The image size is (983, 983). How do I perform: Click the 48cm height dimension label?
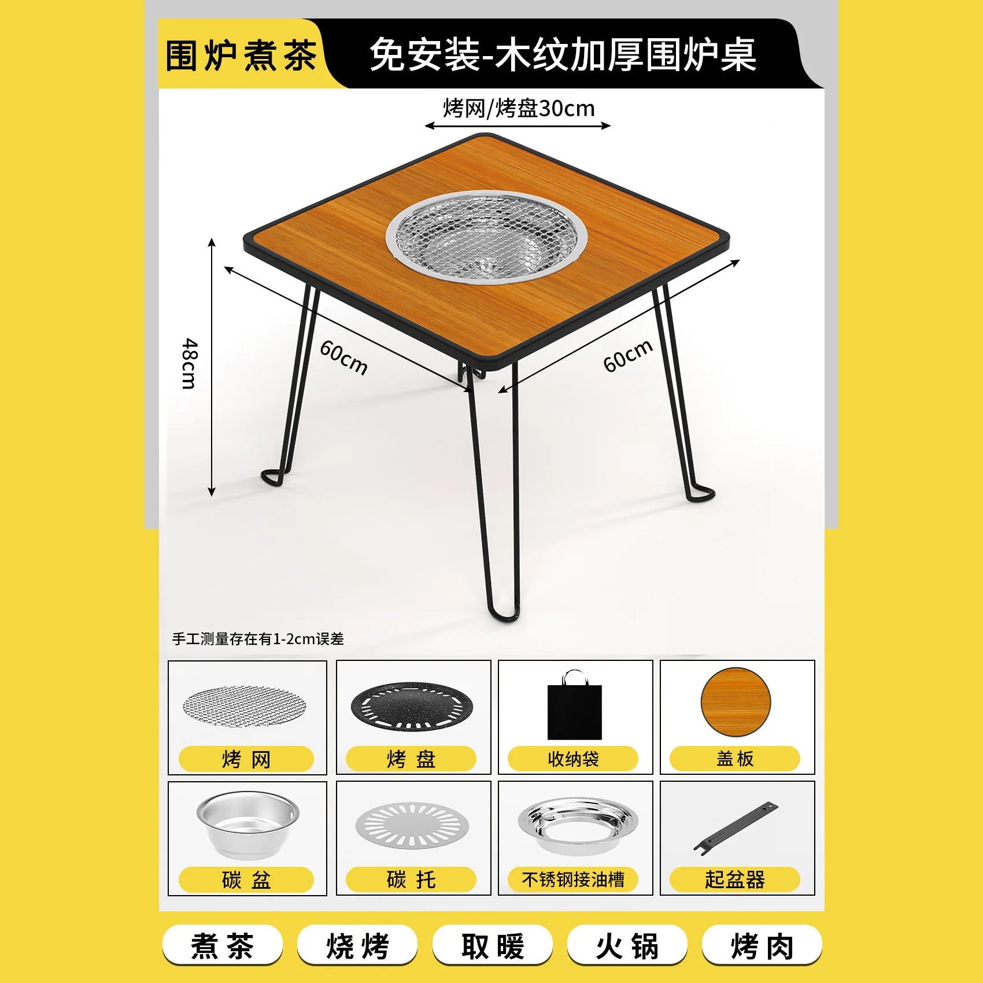click(x=190, y=364)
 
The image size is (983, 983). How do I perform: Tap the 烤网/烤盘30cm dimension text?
click(x=519, y=108)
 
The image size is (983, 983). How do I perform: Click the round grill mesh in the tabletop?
click(x=486, y=237)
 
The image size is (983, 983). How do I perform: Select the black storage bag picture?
click(x=575, y=705)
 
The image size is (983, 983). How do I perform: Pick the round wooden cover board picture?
click(x=736, y=702)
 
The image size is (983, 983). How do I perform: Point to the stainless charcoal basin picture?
click(x=247, y=824)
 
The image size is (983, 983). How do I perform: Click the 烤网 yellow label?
click(x=246, y=759)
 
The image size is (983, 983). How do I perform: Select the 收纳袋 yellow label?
click(x=573, y=759)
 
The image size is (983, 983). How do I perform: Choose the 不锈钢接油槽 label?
click(x=573, y=879)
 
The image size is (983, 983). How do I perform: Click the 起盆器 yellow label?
click(x=735, y=879)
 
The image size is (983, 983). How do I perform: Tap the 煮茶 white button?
click(x=223, y=946)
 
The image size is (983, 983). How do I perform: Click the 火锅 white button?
click(x=627, y=946)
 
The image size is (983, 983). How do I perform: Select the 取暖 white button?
click(x=493, y=946)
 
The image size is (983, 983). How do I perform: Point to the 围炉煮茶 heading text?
click(x=241, y=56)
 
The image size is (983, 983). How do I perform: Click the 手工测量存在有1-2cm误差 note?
click(x=258, y=639)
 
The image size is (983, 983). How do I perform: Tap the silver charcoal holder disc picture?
click(x=412, y=825)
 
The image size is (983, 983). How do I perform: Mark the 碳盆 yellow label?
click(x=246, y=880)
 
